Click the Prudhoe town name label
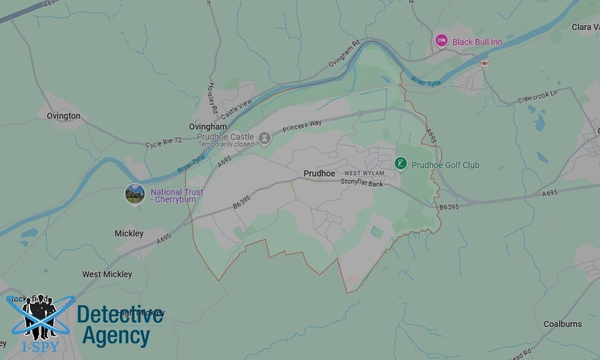(319, 173)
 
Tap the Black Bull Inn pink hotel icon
(442, 41)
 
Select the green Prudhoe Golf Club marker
(401, 163)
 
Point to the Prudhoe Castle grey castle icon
(265, 139)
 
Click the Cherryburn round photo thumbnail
(135, 194)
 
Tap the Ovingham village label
(208, 127)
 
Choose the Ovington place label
(64, 116)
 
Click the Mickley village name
(129, 233)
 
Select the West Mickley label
(107, 274)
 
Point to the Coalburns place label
(562, 324)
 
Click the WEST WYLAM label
(364, 173)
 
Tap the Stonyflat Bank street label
(362, 183)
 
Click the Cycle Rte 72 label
(163, 142)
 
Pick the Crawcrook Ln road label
(537, 97)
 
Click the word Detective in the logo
(120, 315)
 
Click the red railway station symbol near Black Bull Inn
(484, 62)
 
